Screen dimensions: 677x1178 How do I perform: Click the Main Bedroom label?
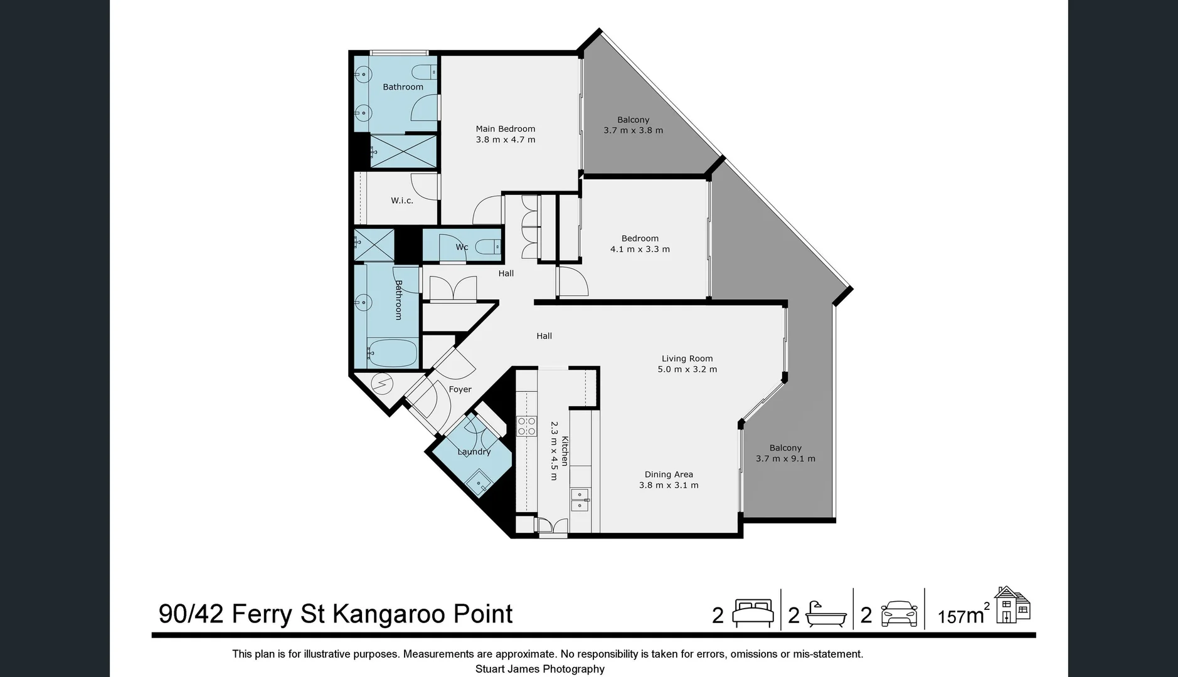(x=505, y=129)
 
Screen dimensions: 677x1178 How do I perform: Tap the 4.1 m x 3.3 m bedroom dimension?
(x=639, y=249)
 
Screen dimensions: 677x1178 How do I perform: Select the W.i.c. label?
(x=401, y=201)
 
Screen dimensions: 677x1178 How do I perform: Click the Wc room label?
(x=462, y=247)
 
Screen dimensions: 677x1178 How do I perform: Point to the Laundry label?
(x=474, y=452)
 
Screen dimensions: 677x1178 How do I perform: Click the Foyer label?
(x=460, y=389)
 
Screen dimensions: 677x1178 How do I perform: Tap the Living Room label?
(x=687, y=359)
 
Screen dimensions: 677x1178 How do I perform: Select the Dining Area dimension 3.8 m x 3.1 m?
(x=668, y=485)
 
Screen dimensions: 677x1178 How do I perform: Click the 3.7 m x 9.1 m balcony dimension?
(x=785, y=459)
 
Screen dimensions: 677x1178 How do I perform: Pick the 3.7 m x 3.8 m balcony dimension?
(x=633, y=130)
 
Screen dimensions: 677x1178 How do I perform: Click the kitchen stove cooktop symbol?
(x=526, y=426)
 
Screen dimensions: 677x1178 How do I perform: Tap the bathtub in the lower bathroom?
(x=392, y=353)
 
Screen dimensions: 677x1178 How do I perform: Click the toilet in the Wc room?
(x=489, y=247)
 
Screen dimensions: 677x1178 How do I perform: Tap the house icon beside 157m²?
(x=1012, y=605)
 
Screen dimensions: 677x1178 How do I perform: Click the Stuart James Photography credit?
(x=539, y=669)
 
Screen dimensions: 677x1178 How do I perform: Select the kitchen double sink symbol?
(x=579, y=500)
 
